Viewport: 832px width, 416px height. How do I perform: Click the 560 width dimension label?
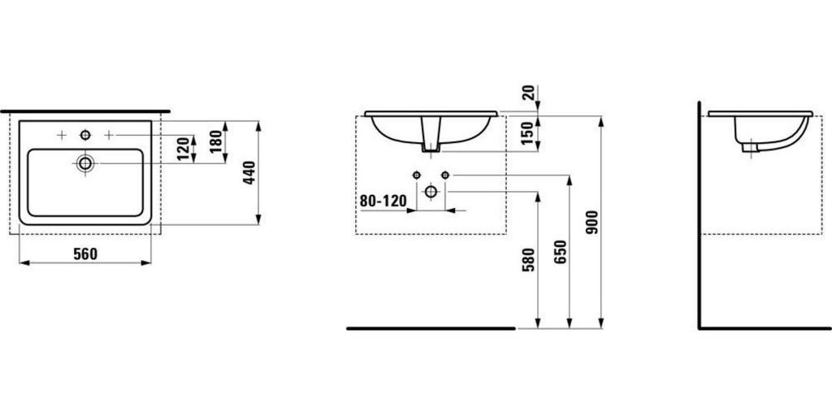point(85,253)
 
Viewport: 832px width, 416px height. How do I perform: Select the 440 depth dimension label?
point(250,173)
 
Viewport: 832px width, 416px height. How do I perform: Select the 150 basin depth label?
point(528,132)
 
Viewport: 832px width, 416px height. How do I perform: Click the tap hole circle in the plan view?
point(85,133)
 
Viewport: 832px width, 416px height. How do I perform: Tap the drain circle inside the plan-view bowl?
point(85,163)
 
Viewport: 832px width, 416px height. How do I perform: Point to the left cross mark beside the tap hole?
point(62,133)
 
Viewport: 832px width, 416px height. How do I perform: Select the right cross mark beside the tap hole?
point(108,133)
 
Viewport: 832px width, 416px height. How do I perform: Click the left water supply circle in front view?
point(417,175)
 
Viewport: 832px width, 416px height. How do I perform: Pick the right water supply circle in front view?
point(444,175)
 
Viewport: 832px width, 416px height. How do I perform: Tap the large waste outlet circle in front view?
point(431,192)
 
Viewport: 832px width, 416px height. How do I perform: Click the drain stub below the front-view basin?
point(431,146)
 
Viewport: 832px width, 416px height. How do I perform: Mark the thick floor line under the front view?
point(431,328)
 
